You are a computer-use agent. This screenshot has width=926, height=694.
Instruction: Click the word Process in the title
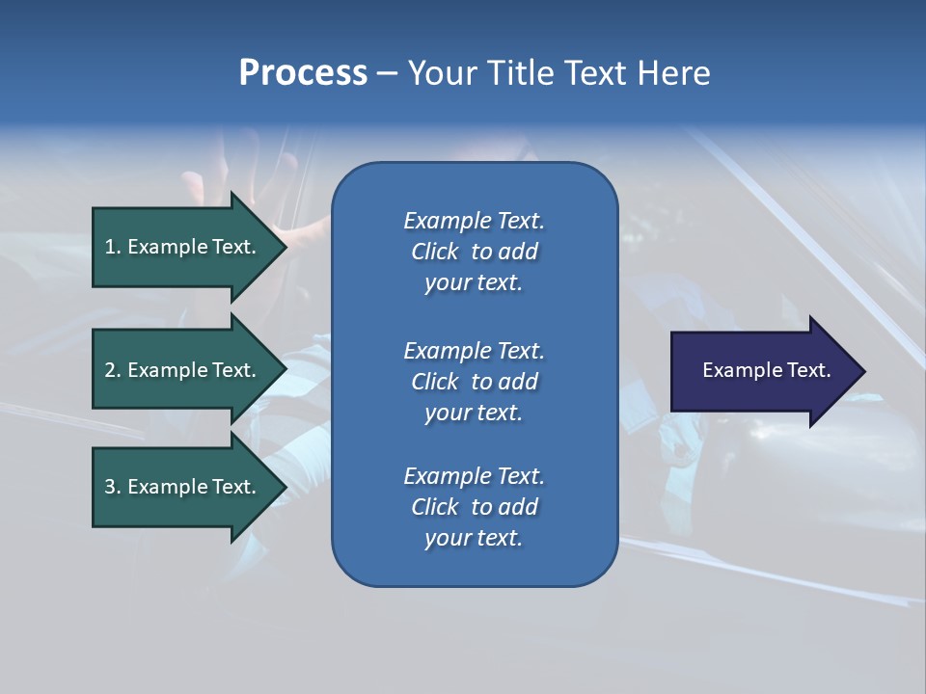303,73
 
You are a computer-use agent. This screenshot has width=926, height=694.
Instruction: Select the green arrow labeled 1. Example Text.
179,247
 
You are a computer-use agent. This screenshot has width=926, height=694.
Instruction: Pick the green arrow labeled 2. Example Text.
179,370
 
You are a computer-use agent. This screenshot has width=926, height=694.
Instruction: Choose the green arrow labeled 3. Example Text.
179,487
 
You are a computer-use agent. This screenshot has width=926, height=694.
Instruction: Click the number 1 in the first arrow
110,247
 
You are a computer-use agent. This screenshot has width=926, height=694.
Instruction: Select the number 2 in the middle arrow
110,370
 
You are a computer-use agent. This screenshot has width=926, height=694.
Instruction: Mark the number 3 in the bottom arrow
110,487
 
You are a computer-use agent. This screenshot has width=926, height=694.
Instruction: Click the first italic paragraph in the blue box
474,252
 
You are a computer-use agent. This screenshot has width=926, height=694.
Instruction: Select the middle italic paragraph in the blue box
474,382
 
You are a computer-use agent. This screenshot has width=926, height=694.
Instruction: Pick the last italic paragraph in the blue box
474,507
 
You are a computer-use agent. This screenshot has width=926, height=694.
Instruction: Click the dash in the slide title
387,73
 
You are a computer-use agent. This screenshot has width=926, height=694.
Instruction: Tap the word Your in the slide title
439,73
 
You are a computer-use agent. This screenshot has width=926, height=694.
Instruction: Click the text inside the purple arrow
767,370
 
